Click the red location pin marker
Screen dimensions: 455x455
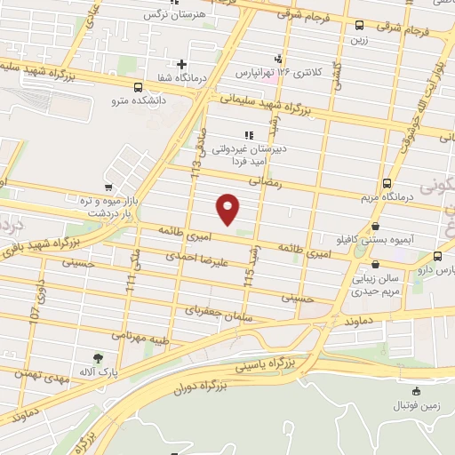[228, 209]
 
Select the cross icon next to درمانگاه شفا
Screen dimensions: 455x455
[181, 64]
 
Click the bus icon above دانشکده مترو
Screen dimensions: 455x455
[137, 87]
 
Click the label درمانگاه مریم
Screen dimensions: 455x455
[387, 197]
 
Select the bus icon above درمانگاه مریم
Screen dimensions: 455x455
[387, 183]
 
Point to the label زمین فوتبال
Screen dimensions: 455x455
[416, 405]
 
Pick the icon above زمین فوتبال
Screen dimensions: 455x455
[416, 391]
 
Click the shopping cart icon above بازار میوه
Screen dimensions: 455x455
[108, 188]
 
